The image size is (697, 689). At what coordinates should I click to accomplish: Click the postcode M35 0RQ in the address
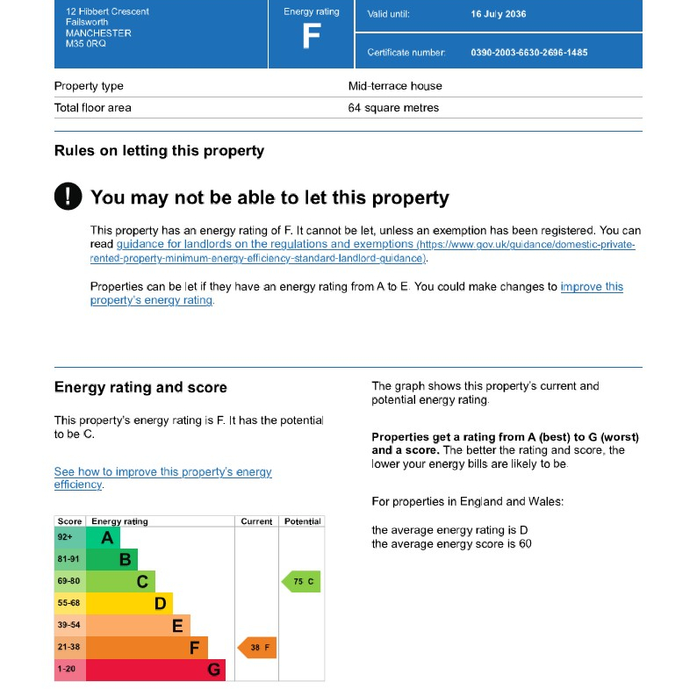pyautogui.click(x=86, y=44)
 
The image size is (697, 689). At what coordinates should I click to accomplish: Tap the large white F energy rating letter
pyautogui.click(x=312, y=36)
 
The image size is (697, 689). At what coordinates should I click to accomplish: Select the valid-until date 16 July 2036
pyautogui.click(x=499, y=14)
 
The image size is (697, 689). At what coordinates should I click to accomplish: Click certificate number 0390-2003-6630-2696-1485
pyautogui.click(x=529, y=53)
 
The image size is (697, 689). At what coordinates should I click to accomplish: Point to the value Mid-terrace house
pyautogui.click(x=395, y=86)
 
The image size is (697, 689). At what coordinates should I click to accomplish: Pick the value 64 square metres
pyautogui.click(x=393, y=108)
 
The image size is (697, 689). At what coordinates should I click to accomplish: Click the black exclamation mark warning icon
pyautogui.click(x=68, y=196)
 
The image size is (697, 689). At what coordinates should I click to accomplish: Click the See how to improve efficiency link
pyautogui.click(x=162, y=477)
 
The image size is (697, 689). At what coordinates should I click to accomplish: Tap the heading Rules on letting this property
pyautogui.click(x=159, y=151)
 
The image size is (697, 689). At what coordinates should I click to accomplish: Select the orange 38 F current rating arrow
pyautogui.click(x=257, y=648)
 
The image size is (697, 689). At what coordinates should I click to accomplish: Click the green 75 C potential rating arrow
pyautogui.click(x=301, y=581)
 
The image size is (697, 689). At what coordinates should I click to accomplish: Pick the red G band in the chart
pyautogui.click(x=155, y=670)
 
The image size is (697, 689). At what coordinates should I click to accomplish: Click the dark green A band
pyautogui.click(x=103, y=538)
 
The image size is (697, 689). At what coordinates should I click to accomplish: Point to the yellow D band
pyautogui.click(x=129, y=604)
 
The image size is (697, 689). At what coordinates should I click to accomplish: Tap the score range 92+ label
pyautogui.click(x=65, y=537)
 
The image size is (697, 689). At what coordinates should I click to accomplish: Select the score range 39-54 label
pyautogui.click(x=68, y=625)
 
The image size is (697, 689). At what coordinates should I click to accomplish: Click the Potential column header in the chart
pyautogui.click(x=302, y=521)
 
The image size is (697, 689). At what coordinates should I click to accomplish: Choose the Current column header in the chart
pyautogui.click(x=256, y=521)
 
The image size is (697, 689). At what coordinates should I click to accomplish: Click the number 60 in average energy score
pyautogui.click(x=526, y=543)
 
